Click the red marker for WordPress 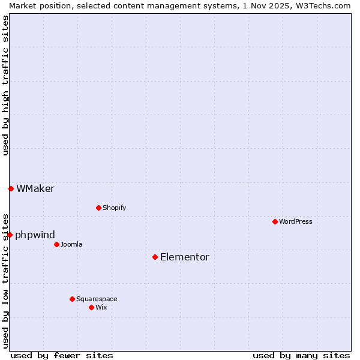pyautogui.click(x=275, y=221)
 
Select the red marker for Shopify pyautogui.click(x=98, y=208)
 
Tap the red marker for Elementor pyautogui.click(x=155, y=257)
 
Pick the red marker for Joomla pyautogui.click(x=56, y=244)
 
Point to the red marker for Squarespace pyautogui.click(x=72, y=299)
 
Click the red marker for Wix pyautogui.click(x=91, y=307)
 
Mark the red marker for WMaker pyautogui.click(x=11, y=188)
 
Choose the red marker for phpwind pyautogui.click(x=10, y=235)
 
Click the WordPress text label pyautogui.click(x=296, y=221)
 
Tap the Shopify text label pyautogui.click(x=114, y=208)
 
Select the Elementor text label pyautogui.click(x=185, y=257)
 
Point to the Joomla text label pyautogui.click(x=71, y=244)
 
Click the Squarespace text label pyautogui.click(x=97, y=299)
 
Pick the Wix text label pyautogui.click(x=101, y=307)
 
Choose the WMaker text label pyautogui.click(x=35, y=188)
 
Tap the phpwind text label pyautogui.click(x=35, y=235)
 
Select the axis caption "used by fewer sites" pyautogui.click(x=62, y=355)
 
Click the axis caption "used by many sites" pyautogui.click(x=301, y=355)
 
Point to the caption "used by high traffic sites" pyautogui.click(x=5, y=85)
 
